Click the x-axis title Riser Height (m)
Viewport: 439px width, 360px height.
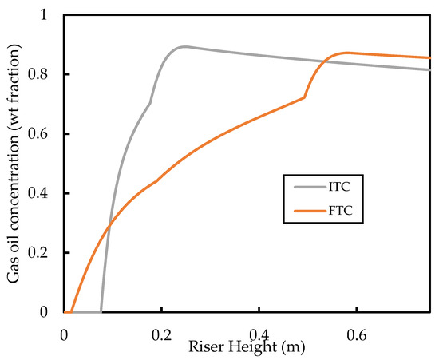point(237,347)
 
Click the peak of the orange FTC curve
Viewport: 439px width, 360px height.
point(346,53)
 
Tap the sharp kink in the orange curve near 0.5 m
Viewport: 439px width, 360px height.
point(304,97)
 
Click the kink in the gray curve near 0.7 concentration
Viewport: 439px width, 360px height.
point(150,103)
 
